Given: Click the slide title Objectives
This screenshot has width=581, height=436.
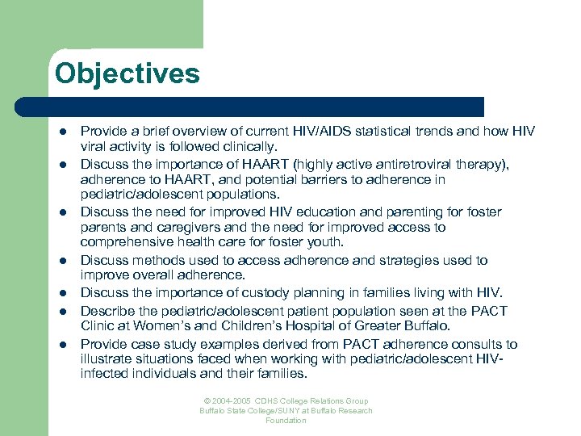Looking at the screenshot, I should tap(127, 74).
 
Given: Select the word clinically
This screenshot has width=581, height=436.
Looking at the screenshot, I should tap(249, 147).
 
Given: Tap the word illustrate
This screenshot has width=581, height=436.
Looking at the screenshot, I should tap(107, 359).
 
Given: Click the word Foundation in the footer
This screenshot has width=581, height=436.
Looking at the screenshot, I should tap(286, 421).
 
